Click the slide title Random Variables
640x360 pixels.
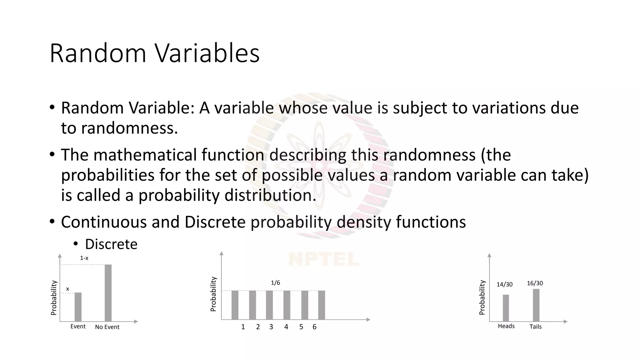coord(154,54)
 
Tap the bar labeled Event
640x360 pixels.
coord(78,307)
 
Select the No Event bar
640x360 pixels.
coord(108,293)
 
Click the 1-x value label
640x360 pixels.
coord(84,258)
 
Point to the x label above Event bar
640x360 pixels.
coord(67,289)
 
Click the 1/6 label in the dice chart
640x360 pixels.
coord(275,283)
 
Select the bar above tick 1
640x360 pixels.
coord(235,305)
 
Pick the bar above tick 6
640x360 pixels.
coord(322,305)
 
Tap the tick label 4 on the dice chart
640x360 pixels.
coord(286,327)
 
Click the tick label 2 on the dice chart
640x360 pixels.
coord(258,327)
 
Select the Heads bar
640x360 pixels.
coord(506,308)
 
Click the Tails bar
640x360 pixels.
coord(536,305)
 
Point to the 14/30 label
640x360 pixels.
coord(504,284)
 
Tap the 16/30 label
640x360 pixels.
coord(535,283)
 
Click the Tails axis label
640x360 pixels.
coord(535,327)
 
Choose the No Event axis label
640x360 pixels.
coord(107,327)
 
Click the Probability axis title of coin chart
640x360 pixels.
coord(482,297)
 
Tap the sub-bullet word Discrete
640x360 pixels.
coord(111,244)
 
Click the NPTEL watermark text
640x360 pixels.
coord(323,259)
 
